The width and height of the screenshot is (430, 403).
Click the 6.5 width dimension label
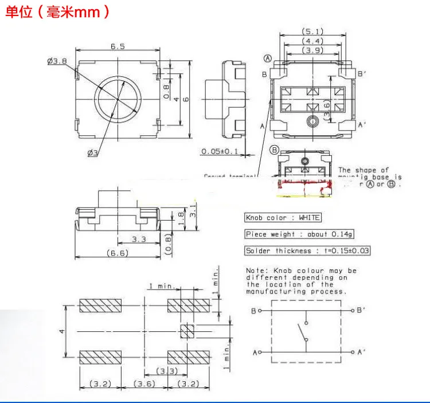(x=118, y=47)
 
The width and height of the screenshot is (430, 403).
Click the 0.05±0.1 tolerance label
(x=219, y=151)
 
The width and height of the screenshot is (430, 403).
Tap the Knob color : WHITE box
(x=283, y=218)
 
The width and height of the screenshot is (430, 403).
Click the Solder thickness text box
(x=307, y=251)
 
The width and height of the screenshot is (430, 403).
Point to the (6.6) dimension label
(x=118, y=253)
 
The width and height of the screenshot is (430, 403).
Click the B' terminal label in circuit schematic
(x=361, y=310)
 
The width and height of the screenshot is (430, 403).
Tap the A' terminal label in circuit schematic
(x=361, y=352)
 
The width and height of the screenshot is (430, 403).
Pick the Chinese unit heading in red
(x=57, y=13)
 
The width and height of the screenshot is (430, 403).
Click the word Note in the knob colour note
(x=255, y=271)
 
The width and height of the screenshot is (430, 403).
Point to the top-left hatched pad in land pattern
(x=101, y=306)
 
